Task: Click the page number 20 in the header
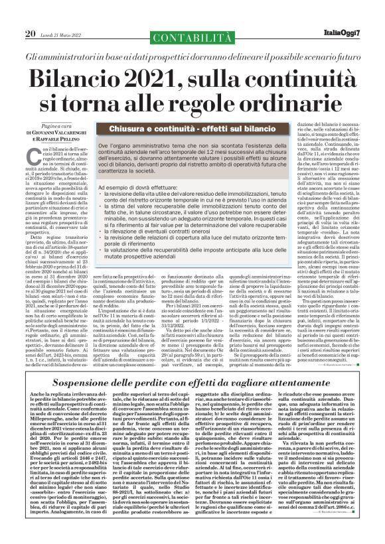[x=31, y=33]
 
